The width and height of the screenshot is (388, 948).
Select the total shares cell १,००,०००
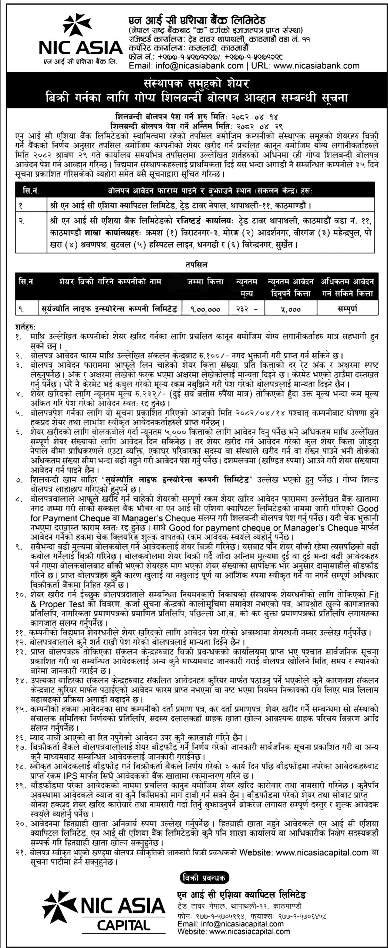205,308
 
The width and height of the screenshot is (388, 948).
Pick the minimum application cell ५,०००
290,308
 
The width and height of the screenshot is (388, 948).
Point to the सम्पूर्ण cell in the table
347,308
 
